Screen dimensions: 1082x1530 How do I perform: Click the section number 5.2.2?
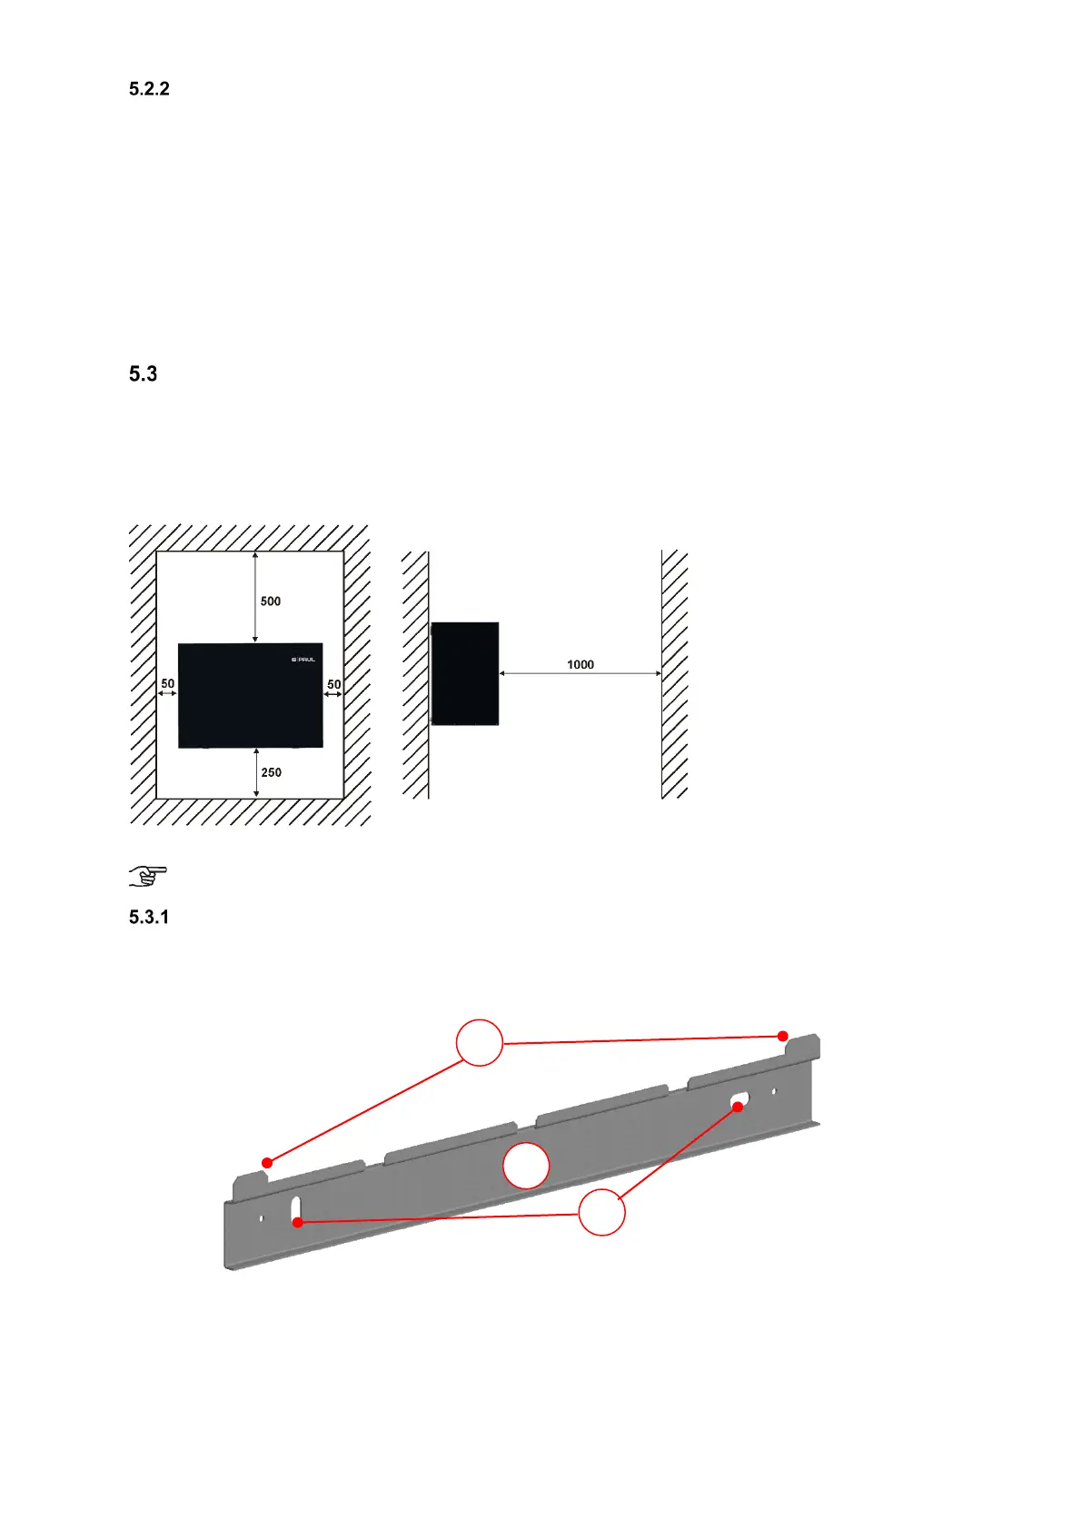coord(149,89)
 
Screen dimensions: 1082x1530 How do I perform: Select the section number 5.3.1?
coord(149,917)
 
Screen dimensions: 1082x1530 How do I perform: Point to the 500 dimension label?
coord(271,601)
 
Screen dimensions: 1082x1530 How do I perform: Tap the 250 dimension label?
coord(271,772)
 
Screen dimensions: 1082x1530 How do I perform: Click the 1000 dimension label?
coord(581,664)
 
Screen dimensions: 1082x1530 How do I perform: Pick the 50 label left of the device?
coord(167,683)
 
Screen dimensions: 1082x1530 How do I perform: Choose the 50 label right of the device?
coord(334,684)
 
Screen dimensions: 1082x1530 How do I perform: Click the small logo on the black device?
coord(303,660)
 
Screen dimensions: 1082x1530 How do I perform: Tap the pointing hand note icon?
coord(147,876)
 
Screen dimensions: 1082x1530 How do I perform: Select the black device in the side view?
coord(465,673)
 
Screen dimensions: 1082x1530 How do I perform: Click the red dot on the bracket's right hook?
coord(783,1036)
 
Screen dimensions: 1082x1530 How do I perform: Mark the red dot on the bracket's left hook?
coord(267,1163)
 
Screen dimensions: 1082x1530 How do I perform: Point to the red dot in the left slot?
coord(297,1223)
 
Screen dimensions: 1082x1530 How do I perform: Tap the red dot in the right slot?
coord(738,1107)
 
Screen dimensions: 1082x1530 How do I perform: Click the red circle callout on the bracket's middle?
coord(526,1166)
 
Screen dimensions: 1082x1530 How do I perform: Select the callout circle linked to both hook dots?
coord(480,1043)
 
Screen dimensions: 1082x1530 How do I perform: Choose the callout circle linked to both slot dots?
coord(601,1212)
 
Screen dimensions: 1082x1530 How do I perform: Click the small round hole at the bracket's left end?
coord(262,1218)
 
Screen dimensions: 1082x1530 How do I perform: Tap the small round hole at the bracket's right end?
coord(774,1091)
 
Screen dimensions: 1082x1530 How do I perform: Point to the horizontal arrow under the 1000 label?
coord(581,674)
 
